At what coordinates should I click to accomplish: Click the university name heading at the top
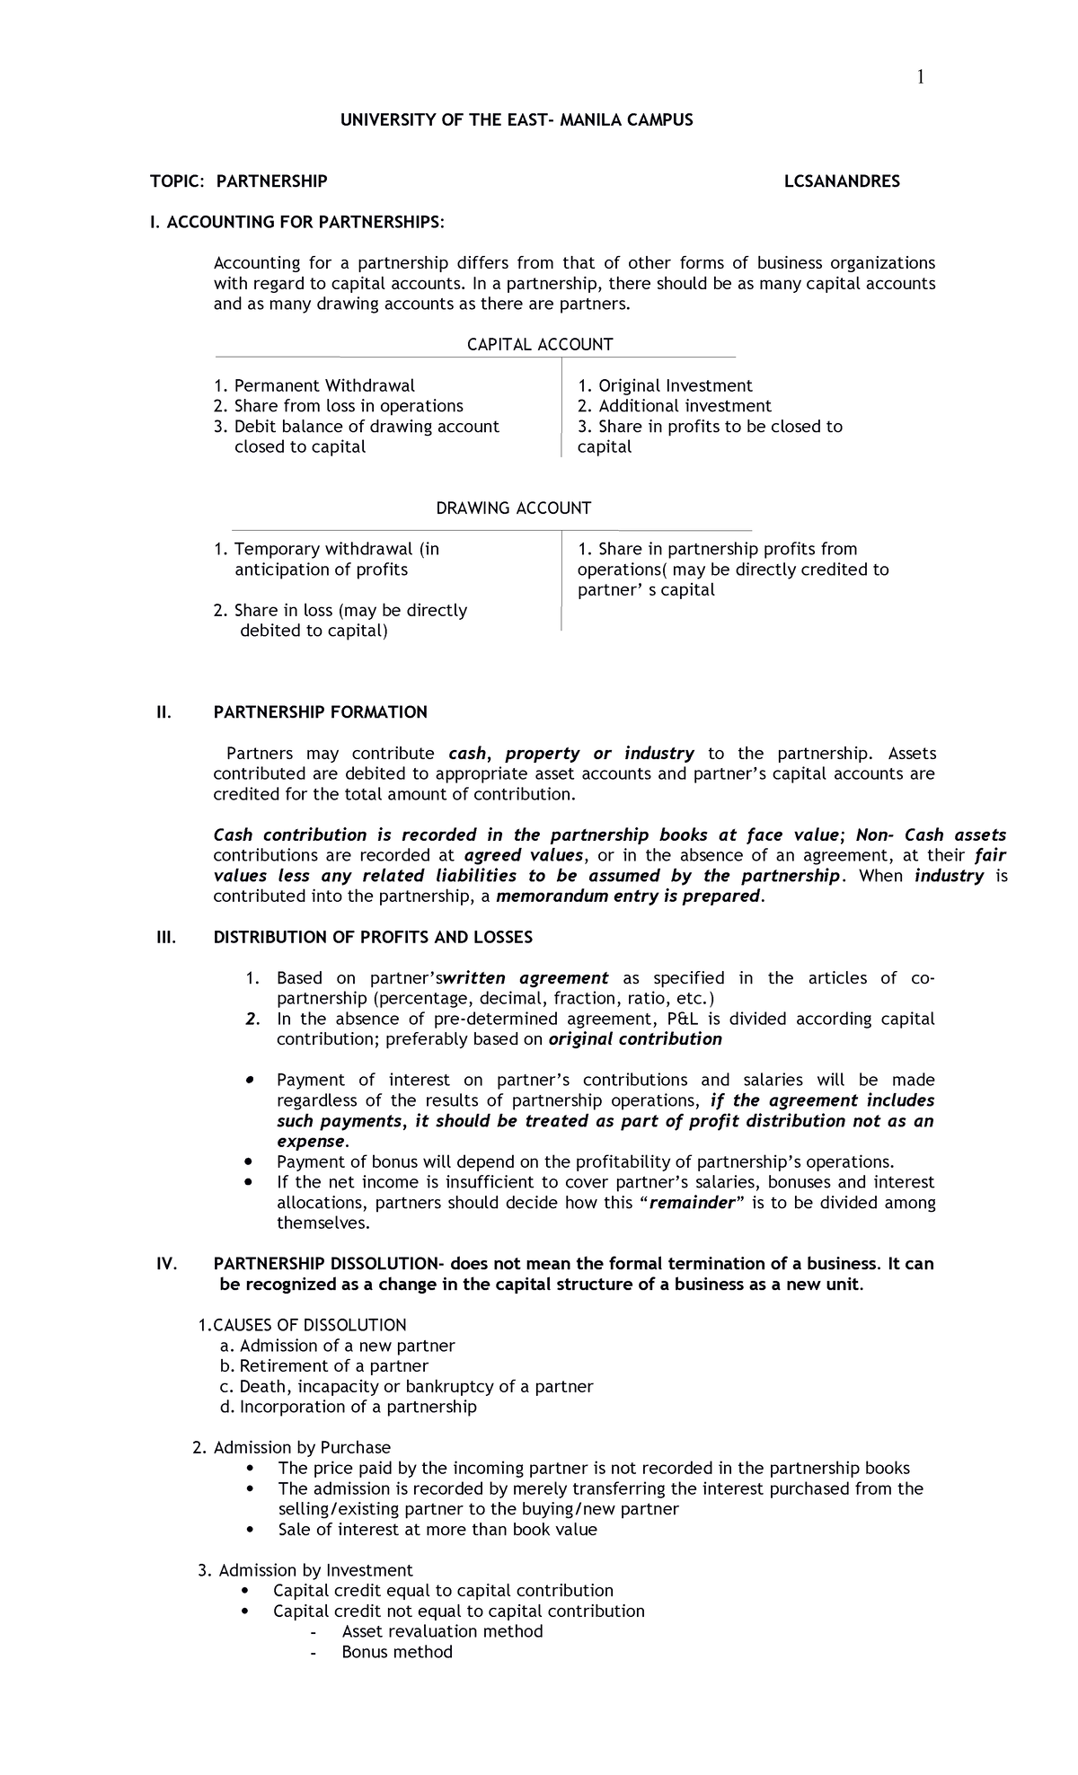(x=517, y=119)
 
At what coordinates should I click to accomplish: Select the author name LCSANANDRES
(x=842, y=181)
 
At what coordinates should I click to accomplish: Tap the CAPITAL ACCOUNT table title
(x=540, y=344)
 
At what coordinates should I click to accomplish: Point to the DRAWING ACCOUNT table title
(x=513, y=508)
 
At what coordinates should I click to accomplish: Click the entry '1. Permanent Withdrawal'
(x=314, y=385)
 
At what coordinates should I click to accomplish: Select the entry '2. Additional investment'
(x=674, y=406)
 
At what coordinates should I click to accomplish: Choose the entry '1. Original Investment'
(x=664, y=385)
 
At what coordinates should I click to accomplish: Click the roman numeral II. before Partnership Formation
(x=163, y=712)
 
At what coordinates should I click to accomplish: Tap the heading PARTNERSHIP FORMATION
(x=320, y=712)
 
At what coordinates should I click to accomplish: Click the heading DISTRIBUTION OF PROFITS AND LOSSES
(x=372, y=937)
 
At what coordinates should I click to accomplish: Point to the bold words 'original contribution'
(x=634, y=1039)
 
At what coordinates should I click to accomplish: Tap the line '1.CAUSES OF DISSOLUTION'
(x=301, y=1325)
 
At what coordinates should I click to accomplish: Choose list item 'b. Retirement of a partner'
(x=323, y=1366)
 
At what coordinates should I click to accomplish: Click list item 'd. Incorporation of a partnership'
(x=348, y=1407)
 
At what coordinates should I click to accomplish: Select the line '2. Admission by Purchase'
(x=291, y=1447)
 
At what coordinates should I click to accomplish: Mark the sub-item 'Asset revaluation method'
(x=442, y=1630)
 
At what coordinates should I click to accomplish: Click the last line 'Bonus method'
(x=397, y=1652)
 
